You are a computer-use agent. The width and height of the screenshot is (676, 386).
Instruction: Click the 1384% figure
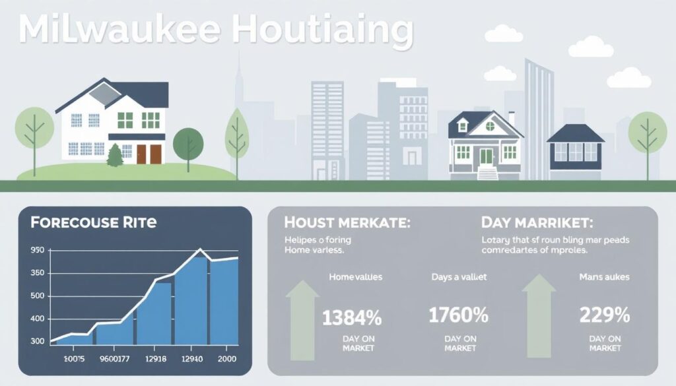tap(352, 318)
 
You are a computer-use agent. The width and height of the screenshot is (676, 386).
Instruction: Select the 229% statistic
tap(604, 315)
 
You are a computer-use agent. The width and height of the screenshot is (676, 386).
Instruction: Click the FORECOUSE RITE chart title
tap(94, 222)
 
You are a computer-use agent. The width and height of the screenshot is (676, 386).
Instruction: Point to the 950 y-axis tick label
tap(38, 251)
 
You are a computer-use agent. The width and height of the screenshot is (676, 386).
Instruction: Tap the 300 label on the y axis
tap(38, 341)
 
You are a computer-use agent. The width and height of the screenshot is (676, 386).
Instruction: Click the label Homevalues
tap(355, 278)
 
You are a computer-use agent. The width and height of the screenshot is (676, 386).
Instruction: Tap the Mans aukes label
tap(603, 278)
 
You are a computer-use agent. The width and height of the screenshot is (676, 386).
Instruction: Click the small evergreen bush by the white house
tap(115, 156)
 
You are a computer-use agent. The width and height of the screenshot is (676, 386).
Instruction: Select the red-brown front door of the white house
tap(149, 154)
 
